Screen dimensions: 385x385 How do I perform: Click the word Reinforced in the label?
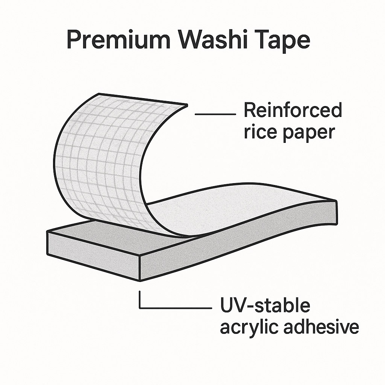(293, 110)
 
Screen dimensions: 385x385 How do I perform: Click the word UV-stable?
(265, 305)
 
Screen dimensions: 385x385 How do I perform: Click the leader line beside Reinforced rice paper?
(215, 114)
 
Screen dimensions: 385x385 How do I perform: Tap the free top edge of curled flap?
(143, 99)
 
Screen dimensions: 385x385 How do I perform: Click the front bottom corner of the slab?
(140, 280)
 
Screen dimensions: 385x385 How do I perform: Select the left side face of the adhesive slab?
(93, 255)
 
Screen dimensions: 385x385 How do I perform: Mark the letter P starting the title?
(74, 40)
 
